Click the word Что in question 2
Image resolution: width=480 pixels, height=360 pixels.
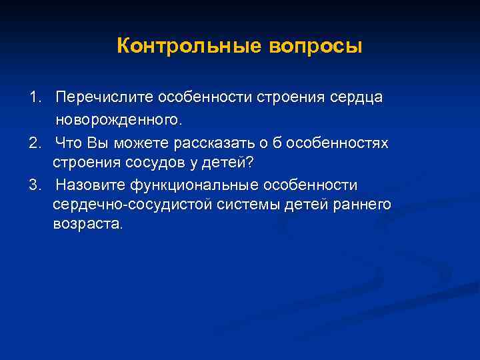(69, 143)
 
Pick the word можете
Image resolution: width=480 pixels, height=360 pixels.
(141, 143)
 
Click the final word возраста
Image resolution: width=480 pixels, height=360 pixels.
(87, 225)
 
